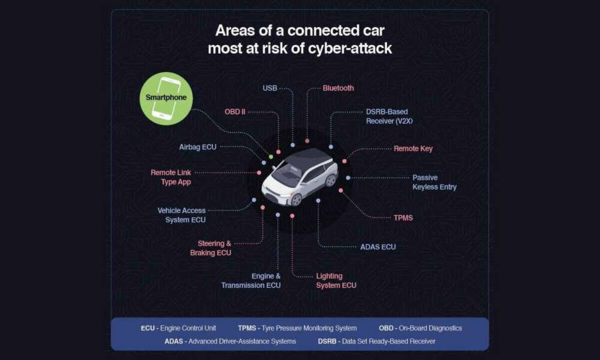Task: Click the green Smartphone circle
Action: (x=166, y=98)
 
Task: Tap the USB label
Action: (x=270, y=88)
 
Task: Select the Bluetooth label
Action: (x=338, y=88)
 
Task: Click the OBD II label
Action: (x=235, y=112)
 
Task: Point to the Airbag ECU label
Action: (x=198, y=147)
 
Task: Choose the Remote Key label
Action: (x=413, y=148)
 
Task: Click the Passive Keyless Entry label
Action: (x=434, y=182)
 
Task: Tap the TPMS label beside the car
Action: (x=403, y=218)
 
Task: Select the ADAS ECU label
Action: (x=378, y=247)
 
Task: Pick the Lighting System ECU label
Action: (x=336, y=281)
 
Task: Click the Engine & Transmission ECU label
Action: (x=251, y=281)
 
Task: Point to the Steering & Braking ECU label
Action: (x=211, y=248)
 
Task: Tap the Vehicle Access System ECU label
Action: (x=182, y=215)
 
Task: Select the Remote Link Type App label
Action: (x=170, y=177)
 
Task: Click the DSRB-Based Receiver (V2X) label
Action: (x=389, y=116)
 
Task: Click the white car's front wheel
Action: (x=296, y=199)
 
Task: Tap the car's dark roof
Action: (x=308, y=157)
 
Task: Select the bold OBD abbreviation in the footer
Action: (x=386, y=328)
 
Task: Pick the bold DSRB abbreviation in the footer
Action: (x=327, y=341)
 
